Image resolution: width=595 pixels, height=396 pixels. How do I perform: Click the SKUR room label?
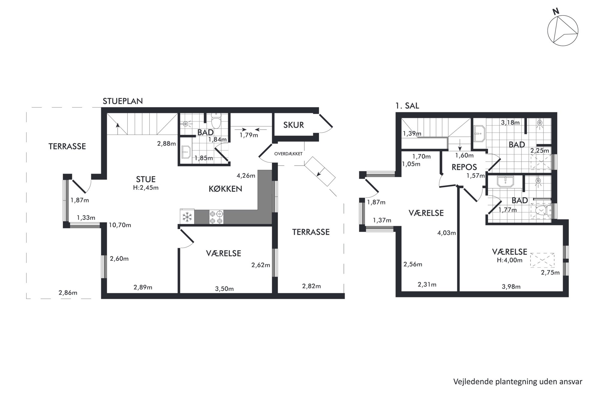(293, 125)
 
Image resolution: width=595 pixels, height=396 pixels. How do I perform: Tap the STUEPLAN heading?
(123, 101)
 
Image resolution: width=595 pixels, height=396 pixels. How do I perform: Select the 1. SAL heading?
(407, 106)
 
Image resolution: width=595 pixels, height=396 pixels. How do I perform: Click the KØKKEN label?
(225, 189)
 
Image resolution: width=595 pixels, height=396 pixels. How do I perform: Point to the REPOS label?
(464, 167)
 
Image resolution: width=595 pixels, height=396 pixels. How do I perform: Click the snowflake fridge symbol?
(187, 217)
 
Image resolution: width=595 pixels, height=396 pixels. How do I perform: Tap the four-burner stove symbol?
(216, 217)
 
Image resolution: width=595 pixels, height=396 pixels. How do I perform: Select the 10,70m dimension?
(120, 225)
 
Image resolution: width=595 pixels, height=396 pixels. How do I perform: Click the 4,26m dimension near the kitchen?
(246, 176)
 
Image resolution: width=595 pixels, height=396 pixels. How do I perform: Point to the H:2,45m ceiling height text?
(146, 188)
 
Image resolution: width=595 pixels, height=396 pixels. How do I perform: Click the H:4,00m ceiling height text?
(510, 260)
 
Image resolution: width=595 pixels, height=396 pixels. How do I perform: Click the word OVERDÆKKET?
(288, 154)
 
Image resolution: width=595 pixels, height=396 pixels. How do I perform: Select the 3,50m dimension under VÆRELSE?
(224, 289)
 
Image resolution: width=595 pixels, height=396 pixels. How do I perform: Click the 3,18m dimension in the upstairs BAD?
(510, 122)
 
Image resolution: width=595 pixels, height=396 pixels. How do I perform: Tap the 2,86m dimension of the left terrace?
(68, 293)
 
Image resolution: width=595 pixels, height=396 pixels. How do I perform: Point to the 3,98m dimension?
(511, 287)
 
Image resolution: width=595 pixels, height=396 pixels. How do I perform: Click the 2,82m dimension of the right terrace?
(311, 286)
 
